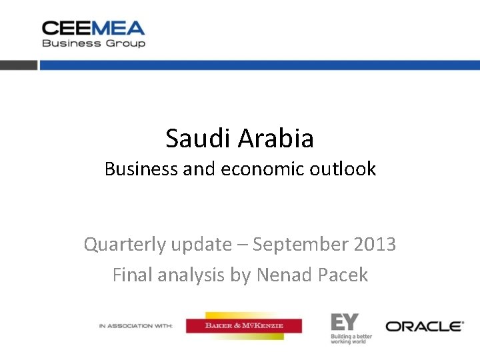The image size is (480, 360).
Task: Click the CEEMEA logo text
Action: pyautogui.click(x=93, y=28)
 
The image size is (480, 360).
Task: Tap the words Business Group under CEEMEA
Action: pyautogui.click(x=93, y=43)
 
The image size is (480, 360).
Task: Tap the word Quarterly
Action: pyautogui.click(x=125, y=245)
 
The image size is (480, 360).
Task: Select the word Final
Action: pyautogui.click(x=132, y=275)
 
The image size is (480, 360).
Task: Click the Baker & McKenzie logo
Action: pyautogui.click(x=244, y=326)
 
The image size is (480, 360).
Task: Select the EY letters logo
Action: pyautogui.click(x=345, y=323)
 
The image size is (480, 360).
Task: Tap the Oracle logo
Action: pyautogui.click(x=425, y=326)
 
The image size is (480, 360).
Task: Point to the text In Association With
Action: pyautogui.click(x=135, y=326)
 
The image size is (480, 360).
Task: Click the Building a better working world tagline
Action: pyautogui.click(x=351, y=338)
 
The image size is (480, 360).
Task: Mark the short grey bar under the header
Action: pyautogui.click(x=19, y=65)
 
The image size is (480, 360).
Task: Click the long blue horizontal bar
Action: pyautogui.click(x=260, y=65)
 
